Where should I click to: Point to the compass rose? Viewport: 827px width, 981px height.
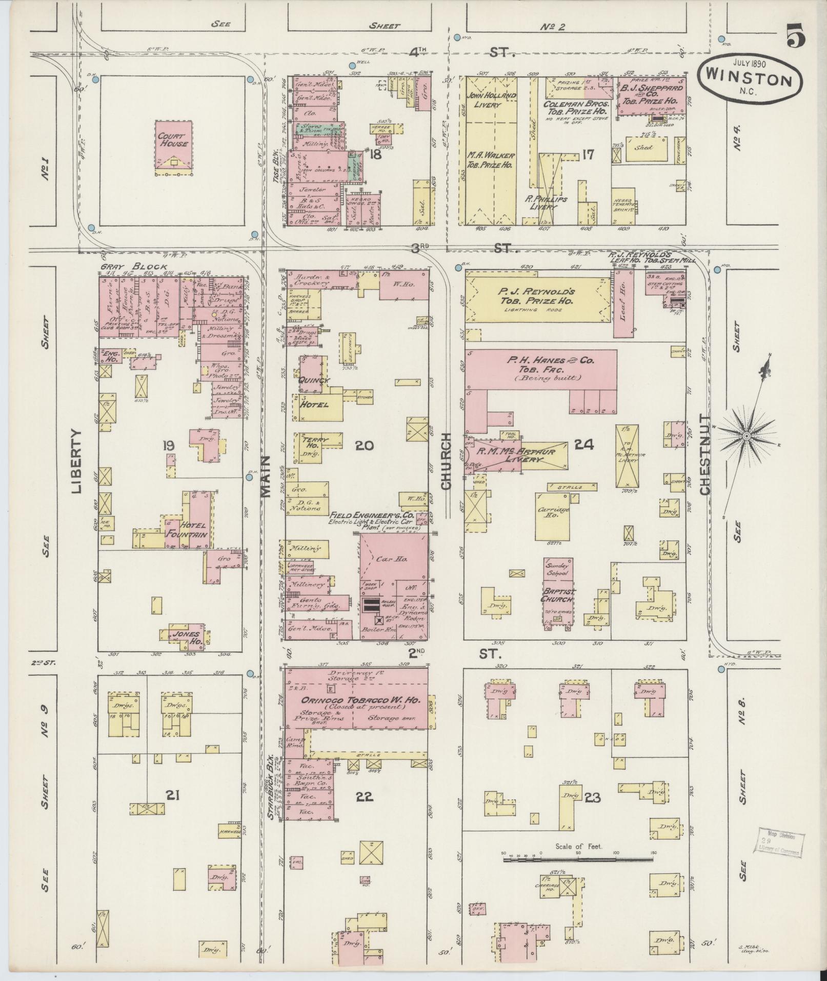coord(747,436)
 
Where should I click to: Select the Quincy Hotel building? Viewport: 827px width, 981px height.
coord(315,392)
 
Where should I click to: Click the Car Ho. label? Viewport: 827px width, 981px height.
coord(394,559)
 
